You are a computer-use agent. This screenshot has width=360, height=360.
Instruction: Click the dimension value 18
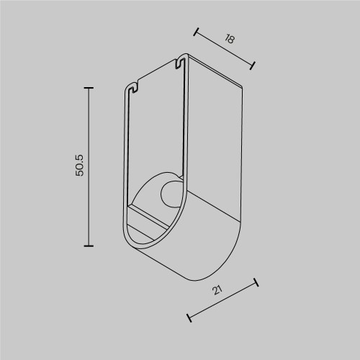[x=230, y=40]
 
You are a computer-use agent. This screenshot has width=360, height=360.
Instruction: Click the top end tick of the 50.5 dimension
[x=89, y=88]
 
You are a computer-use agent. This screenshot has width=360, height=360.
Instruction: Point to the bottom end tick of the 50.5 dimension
[x=89, y=246]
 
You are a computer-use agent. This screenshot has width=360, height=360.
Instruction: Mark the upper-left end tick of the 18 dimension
[x=197, y=32]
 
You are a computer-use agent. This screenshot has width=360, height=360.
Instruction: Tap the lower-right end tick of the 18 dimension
[x=252, y=66]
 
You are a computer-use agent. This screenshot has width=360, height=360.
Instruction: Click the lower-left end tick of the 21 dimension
[x=189, y=317]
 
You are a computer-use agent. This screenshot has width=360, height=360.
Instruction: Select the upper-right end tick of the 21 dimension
[x=256, y=283]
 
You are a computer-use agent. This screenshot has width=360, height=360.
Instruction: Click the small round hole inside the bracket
[x=171, y=194]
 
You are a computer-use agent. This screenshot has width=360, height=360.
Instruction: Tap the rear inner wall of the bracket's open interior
[x=155, y=137]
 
